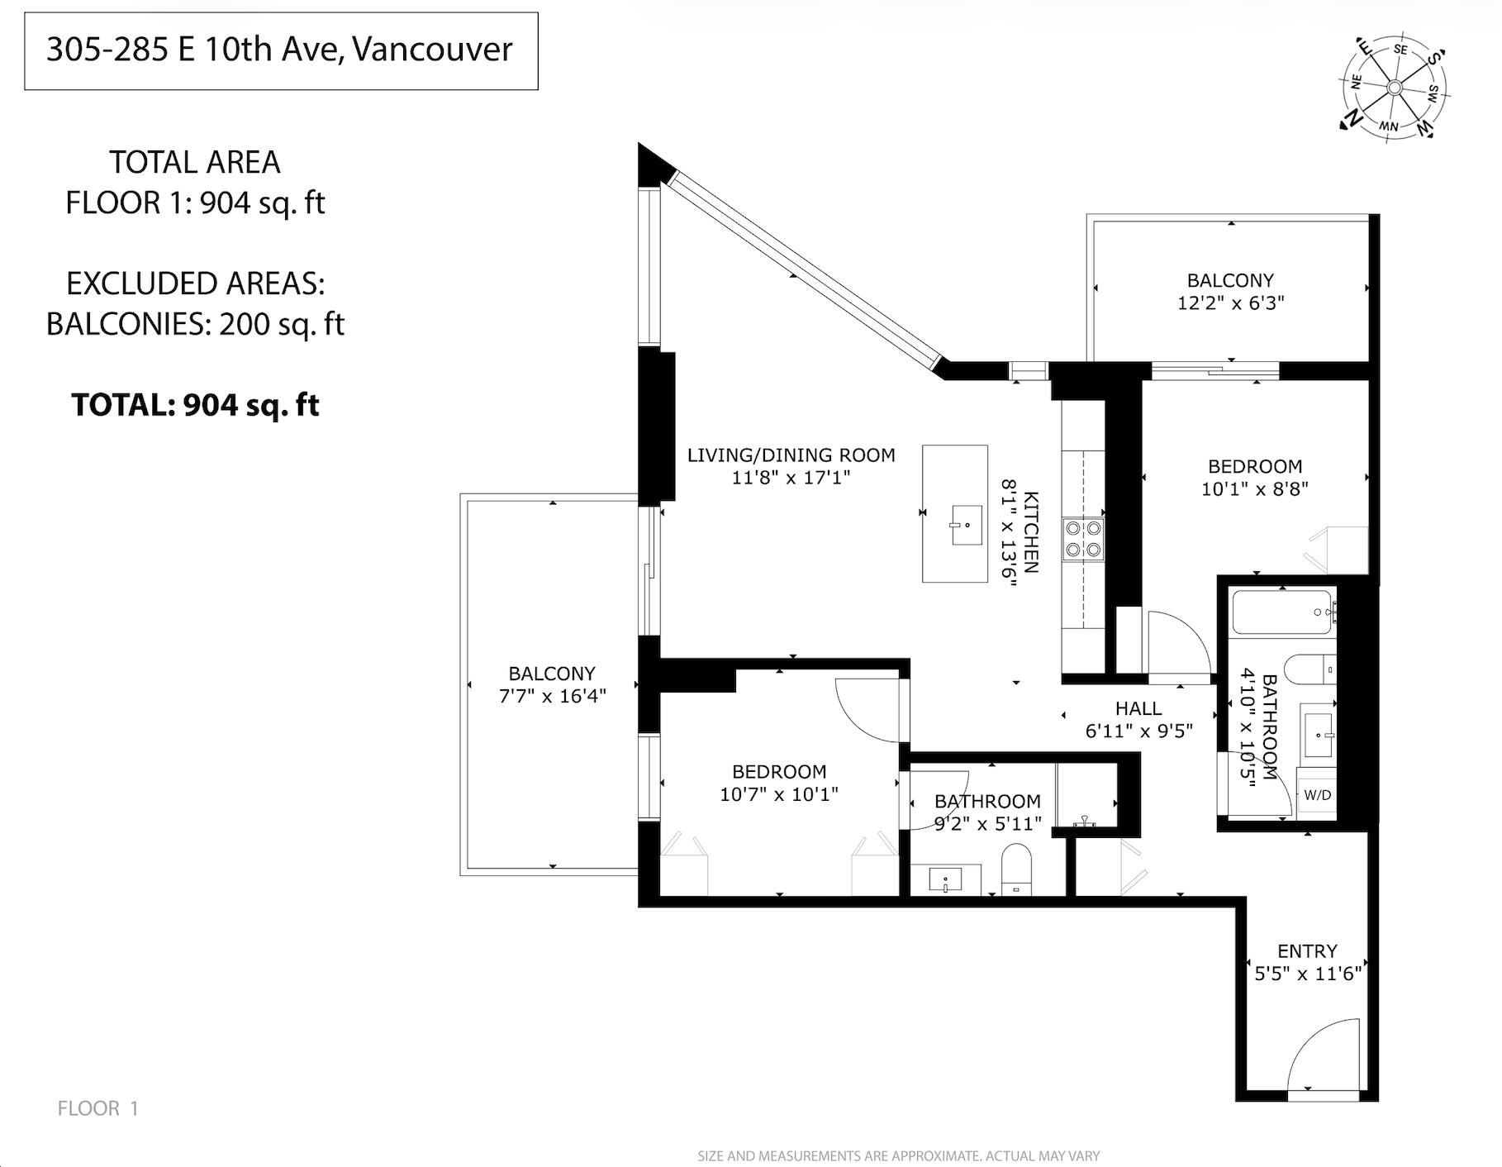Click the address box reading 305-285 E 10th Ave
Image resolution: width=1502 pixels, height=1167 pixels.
click(x=281, y=50)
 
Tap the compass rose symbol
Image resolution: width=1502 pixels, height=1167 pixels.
click(x=1394, y=88)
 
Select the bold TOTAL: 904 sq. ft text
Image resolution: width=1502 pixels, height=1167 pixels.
click(x=195, y=405)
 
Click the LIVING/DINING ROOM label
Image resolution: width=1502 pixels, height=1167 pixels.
click(x=791, y=455)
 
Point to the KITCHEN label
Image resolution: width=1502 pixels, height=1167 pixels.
click(x=1031, y=532)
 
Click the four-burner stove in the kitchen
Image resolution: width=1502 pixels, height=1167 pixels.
click(x=1083, y=538)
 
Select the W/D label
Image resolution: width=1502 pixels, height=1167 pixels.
click(x=1317, y=795)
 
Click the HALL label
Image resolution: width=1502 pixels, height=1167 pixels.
click(x=1138, y=708)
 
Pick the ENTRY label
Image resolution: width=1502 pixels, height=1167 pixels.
click(x=1307, y=951)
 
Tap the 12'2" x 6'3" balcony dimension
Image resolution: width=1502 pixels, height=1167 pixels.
click(x=1230, y=303)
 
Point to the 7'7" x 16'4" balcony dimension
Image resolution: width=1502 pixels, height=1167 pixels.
click(x=552, y=696)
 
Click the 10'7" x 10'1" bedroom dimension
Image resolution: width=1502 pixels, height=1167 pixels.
click(x=779, y=794)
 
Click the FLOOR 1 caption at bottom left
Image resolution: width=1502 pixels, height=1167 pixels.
click(x=98, y=1108)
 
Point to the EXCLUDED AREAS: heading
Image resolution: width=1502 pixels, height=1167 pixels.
click(x=195, y=283)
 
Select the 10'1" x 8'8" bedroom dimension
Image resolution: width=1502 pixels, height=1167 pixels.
click(x=1254, y=489)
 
